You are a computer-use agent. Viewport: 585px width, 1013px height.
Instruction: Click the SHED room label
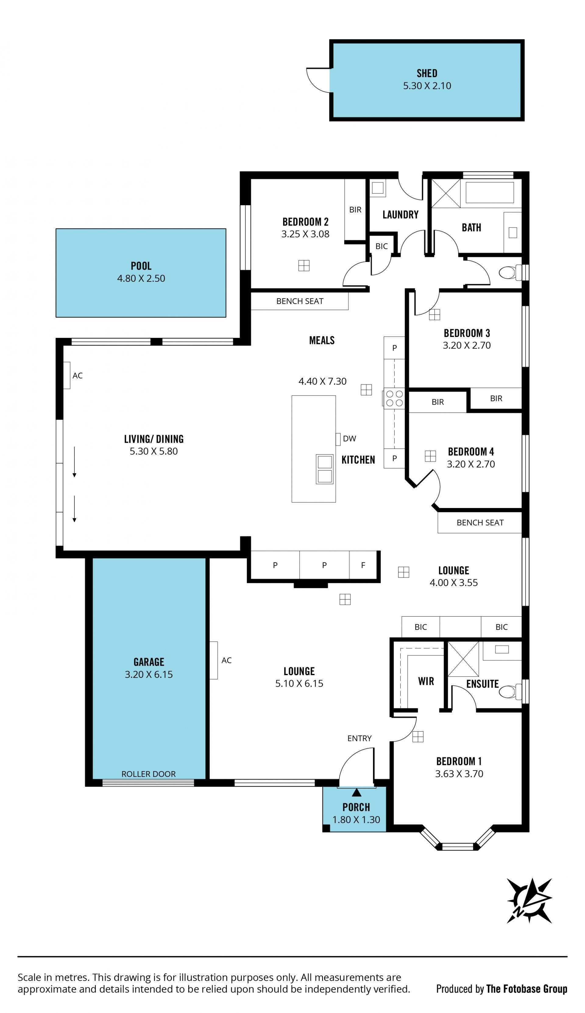point(427,73)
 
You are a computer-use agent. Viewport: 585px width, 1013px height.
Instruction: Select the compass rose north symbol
point(529,900)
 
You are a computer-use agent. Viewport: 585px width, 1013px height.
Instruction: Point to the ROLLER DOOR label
point(149,774)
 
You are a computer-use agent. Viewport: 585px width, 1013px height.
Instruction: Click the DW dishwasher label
point(349,438)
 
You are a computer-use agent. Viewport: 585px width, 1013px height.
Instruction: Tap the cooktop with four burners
point(394,398)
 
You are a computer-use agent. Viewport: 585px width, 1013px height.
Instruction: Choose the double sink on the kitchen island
point(324,469)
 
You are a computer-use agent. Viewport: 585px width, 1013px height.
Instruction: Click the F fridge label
point(363,565)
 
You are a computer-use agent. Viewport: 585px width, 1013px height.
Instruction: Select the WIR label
point(426,681)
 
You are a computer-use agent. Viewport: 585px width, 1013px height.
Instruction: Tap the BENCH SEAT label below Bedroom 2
point(300,301)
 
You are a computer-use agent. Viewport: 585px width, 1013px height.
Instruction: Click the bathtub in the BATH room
point(490,192)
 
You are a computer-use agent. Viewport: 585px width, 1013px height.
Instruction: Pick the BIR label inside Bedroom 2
point(355,209)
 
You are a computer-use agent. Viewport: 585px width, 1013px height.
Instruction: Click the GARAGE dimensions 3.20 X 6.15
point(149,674)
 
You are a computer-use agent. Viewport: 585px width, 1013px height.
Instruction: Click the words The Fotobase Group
point(527,989)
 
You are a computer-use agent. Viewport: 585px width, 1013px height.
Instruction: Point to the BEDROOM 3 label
point(467,333)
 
